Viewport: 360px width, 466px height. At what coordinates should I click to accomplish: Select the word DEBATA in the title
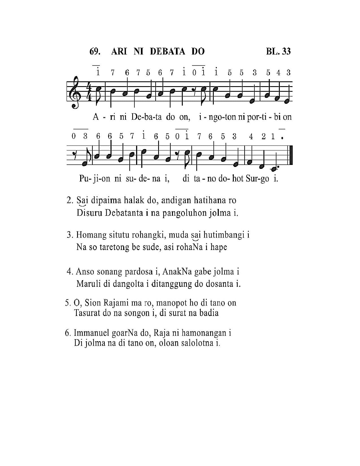[x=167, y=51]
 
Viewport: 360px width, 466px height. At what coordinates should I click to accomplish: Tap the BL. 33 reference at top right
[x=278, y=51]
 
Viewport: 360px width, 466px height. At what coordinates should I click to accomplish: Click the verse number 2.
[x=70, y=200]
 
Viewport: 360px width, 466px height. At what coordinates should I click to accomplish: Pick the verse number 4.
[x=70, y=272]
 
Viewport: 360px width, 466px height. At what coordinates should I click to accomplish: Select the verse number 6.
[x=68, y=333]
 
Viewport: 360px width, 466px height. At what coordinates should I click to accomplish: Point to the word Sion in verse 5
[x=93, y=303]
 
